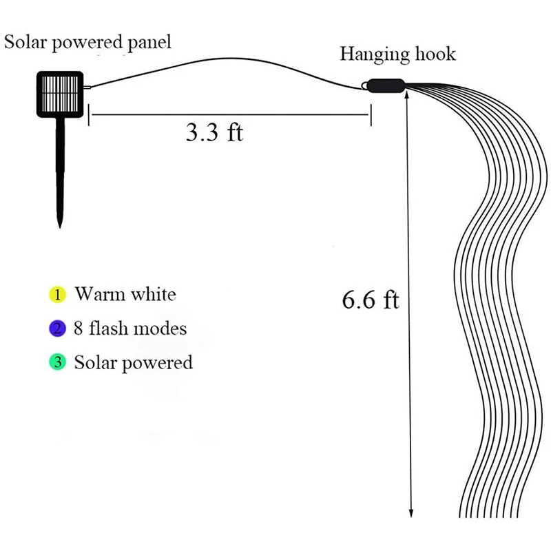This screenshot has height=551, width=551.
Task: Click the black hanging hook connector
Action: (x=384, y=86)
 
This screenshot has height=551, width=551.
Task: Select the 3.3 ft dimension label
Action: (x=214, y=132)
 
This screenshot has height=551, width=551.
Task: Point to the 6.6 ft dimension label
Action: (x=371, y=300)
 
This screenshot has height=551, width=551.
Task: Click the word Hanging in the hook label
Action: (x=369, y=54)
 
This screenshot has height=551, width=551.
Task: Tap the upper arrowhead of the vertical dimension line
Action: (x=411, y=98)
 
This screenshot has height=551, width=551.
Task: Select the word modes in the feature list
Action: (x=160, y=329)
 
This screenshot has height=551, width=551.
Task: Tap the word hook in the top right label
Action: (x=434, y=54)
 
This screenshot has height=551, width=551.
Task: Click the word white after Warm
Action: (x=152, y=295)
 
